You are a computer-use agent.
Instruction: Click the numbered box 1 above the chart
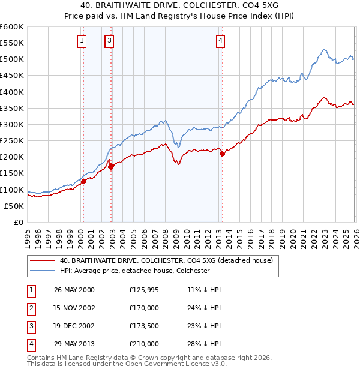(x=81, y=41)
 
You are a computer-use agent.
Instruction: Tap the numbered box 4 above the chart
(x=221, y=41)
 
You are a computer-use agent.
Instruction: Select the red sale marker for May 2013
(x=223, y=154)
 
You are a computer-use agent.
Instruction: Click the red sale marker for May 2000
(x=84, y=181)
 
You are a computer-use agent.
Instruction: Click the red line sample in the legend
(x=43, y=260)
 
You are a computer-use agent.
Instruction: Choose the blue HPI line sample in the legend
(x=43, y=271)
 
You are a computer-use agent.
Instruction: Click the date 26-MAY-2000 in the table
(x=74, y=290)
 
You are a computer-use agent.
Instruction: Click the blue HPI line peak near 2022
(x=324, y=50)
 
